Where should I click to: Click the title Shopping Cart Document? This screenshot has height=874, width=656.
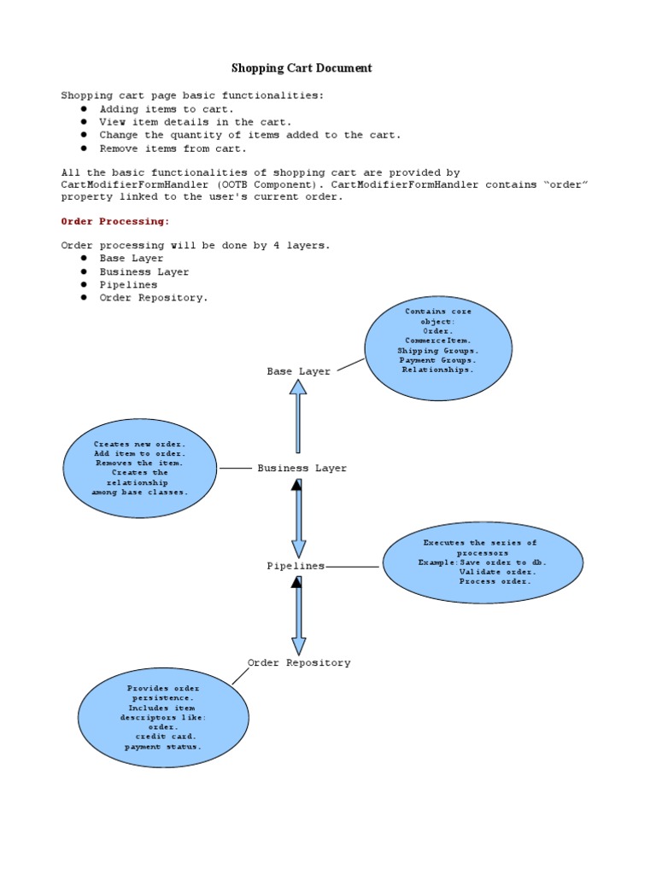pyautogui.click(x=302, y=68)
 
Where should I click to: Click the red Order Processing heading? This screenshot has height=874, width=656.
pyautogui.click(x=115, y=221)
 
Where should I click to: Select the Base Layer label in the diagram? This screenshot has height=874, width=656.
pyautogui.click(x=298, y=371)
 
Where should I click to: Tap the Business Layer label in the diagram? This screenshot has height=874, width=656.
pyautogui.click(x=302, y=469)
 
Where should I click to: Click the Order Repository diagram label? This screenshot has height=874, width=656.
pyautogui.click(x=299, y=663)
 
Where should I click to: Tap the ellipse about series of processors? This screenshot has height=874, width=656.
pyautogui.click(x=483, y=562)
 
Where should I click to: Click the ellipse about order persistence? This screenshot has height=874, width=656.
pyautogui.click(x=163, y=717)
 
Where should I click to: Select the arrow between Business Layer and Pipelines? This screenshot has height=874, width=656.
pyautogui.click(x=298, y=518)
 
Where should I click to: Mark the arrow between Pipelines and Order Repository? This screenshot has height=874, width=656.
pyautogui.click(x=298, y=615)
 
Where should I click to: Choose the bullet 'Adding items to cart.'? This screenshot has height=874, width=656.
pyautogui.click(x=166, y=109)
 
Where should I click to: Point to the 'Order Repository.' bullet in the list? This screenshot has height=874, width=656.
pyautogui.click(x=154, y=298)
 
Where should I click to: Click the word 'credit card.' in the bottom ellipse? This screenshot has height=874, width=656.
pyautogui.click(x=166, y=736)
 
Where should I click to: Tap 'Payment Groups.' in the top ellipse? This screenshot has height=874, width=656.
pyautogui.click(x=437, y=360)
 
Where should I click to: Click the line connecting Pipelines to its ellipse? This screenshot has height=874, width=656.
pyautogui.click(x=352, y=566)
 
